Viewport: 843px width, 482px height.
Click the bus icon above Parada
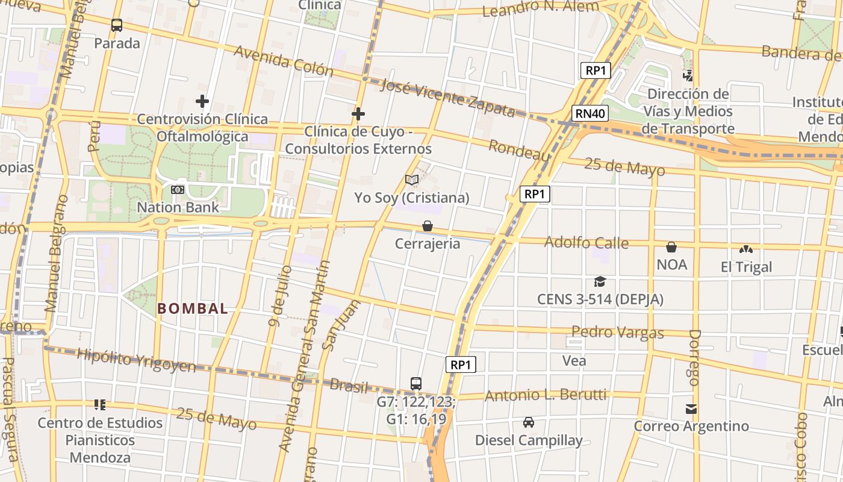pyautogui.click(x=117, y=25)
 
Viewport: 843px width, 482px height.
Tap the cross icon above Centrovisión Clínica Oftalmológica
pyautogui.click(x=202, y=101)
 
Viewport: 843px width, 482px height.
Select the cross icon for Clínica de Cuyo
pyautogui.click(x=358, y=114)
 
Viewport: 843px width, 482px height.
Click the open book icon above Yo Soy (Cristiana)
pyautogui.click(x=412, y=180)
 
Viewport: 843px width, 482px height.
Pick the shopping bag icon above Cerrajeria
pyautogui.click(x=428, y=226)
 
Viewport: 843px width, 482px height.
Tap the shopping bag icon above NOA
pyautogui.click(x=671, y=247)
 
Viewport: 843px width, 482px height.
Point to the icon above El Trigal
pyautogui.click(x=746, y=249)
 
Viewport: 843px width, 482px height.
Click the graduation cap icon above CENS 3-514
pyautogui.click(x=600, y=281)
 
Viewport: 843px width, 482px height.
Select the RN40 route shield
pyautogui.click(x=590, y=113)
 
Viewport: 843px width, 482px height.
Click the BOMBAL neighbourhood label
pyautogui.click(x=193, y=309)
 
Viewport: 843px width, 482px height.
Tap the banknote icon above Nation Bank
pyautogui.click(x=178, y=190)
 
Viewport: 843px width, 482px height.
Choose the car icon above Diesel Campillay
pyautogui.click(x=529, y=422)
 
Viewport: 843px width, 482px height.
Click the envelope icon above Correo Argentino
pyautogui.click(x=691, y=409)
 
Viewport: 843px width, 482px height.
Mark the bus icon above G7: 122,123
pyautogui.click(x=416, y=383)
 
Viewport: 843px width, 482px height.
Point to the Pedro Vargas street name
pyautogui.click(x=617, y=332)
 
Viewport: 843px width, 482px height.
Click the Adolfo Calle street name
pyautogui.click(x=586, y=243)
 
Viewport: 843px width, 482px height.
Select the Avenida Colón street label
pyautogui.click(x=283, y=61)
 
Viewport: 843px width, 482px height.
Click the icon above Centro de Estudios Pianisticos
pyautogui.click(x=100, y=405)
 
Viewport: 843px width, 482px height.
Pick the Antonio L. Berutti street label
pyautogui.click(x=546, y=395)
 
